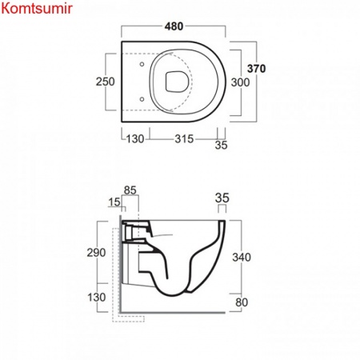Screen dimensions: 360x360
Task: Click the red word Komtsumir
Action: pyautogui.click(x=37, y=9)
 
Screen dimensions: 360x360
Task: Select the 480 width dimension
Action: pyautogui.click(x=174, y=26)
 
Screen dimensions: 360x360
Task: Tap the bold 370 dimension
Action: pyautogui.click(x=256, y=69)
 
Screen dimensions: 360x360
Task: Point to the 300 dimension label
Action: pyautogui.click(x=240, y=82)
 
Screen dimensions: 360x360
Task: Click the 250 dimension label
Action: pyautogui.click(x=106, y=82)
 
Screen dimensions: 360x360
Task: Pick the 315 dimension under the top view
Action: pyautogui.click(x=184, y=139)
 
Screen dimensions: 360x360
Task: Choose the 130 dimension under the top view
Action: pyautogui.click(x=135, y=139)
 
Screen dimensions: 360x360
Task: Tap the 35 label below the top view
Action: pyautogui.click(x=221, y=146)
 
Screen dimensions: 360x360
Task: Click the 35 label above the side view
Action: pyautogui.click(x=222, y=198)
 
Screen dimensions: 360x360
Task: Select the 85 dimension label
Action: pyautogui.click(x=130, y=190)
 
